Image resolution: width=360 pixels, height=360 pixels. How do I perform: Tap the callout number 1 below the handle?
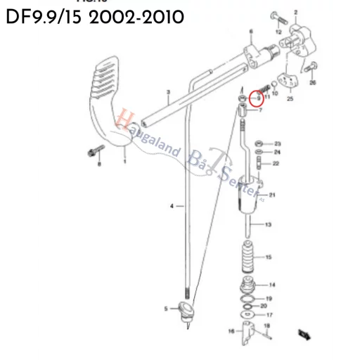pyautogui.click(x=125, y=161)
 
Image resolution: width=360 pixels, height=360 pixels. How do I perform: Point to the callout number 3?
pyautogui.click(x=168, y=93)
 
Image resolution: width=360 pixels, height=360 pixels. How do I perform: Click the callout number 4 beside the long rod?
pyautogui.click(x=171, y=205)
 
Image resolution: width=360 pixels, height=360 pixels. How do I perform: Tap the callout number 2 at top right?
pyautogui.click(x=296, y=13)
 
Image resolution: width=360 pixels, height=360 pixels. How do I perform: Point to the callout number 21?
pyautogui.click(x=272, y=195)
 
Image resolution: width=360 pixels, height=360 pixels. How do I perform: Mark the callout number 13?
pyautogui.click(x=268, y=225)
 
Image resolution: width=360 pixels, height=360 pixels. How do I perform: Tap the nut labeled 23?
pyautogui.click(x=259, y=143)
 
